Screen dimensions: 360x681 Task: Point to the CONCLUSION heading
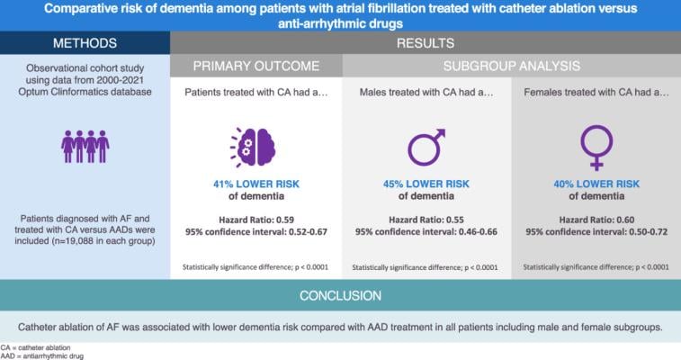[x=340, y=294]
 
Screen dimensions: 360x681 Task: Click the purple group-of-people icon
[x=85, y=146]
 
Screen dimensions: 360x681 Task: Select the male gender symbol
[x=426, y=148]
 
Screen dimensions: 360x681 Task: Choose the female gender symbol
[x=596, y=148]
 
